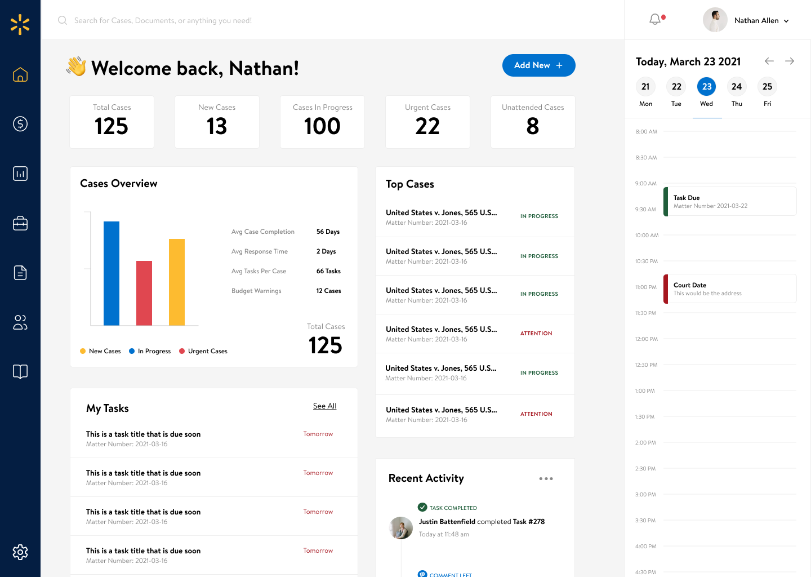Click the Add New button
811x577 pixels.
[x=538, y=65]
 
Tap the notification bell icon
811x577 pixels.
[x=655, y=20]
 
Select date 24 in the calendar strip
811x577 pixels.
[x=737, y=87]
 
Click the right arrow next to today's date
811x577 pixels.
[x=790, y=61]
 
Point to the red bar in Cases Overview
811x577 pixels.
[x=144, y=293]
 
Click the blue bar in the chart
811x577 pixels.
[x=112, y=273]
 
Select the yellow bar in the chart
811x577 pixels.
[x=177, y=282]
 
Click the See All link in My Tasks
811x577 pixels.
[x=324, y=406]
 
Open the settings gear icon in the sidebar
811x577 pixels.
[x=20, y=552]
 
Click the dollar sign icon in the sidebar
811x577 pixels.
[x=20, y=124]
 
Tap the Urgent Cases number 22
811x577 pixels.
[x=427, y=126]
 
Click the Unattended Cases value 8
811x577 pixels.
[x=533, y=126]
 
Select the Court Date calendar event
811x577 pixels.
[x=730, y=288]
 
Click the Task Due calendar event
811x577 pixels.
[x=730, y=201]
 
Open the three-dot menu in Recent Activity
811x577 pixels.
[x=546, y=479]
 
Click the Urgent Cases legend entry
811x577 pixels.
[x=203, y=351]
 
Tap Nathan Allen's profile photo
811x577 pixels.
[x=715, y=20]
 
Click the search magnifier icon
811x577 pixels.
[x=63, y=20]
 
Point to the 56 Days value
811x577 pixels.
[x=328, y=232]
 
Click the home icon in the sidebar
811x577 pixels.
[x=20, y=74]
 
